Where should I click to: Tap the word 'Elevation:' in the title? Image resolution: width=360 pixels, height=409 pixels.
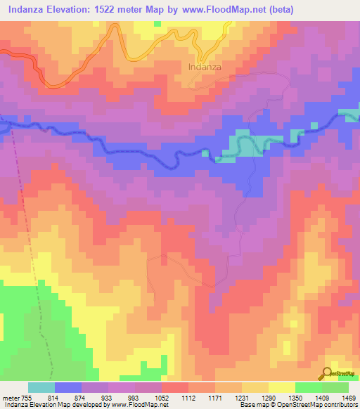[x=76, y=9]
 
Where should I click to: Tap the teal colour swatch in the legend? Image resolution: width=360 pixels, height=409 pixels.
[x=41, y=387]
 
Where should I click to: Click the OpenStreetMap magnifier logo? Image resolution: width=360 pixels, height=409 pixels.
[x=328, y=372]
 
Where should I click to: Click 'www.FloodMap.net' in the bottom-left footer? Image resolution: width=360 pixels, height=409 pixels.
[x=136, y=405]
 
